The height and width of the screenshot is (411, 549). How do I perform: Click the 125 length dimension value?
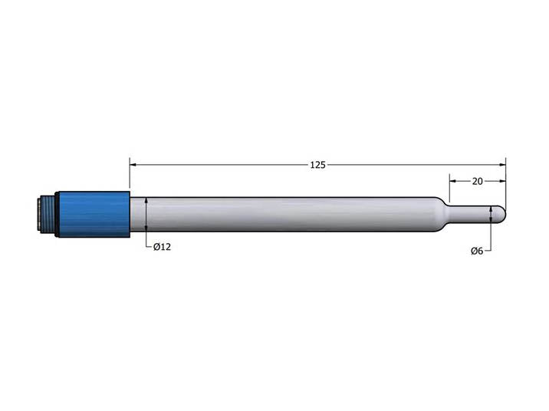(x=317, y=165)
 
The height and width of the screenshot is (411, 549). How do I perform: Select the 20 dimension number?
(x=477, y=182)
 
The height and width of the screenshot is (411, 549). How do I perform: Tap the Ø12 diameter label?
(x=162, y=247)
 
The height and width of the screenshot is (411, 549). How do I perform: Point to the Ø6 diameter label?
(x=477, y=251)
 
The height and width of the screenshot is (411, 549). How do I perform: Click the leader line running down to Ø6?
(x=490, y=238)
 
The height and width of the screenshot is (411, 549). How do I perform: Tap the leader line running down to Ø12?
(x=146, y=239)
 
